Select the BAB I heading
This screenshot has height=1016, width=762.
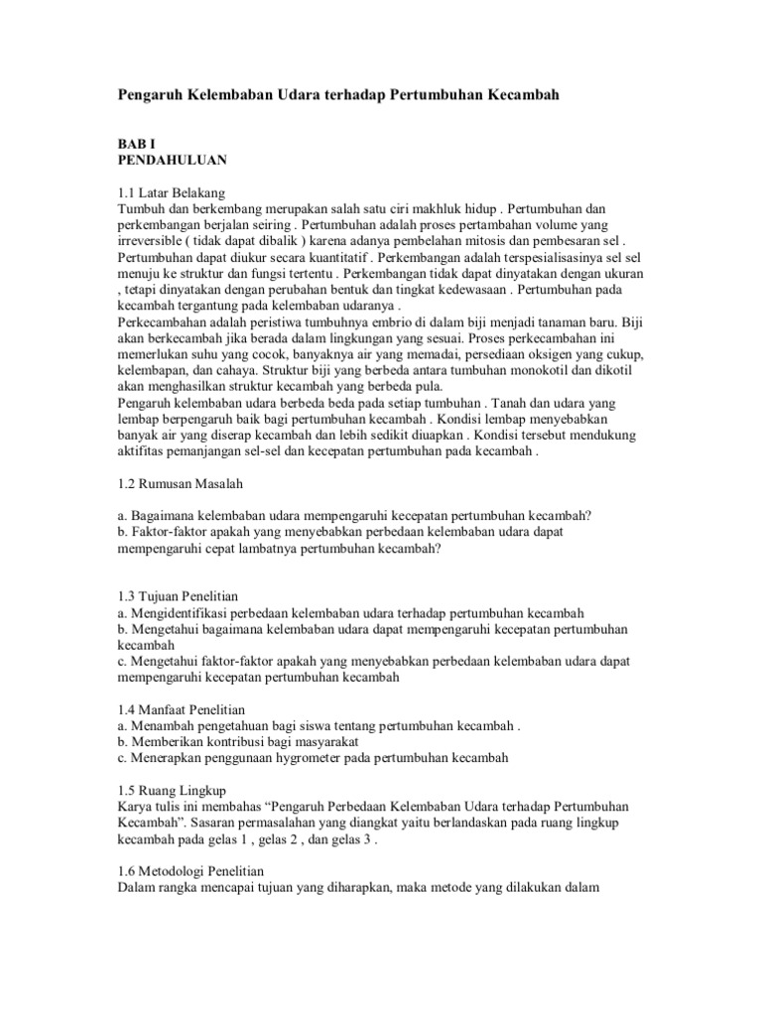point(137,143)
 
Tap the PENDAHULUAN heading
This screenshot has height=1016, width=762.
point(173,159)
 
